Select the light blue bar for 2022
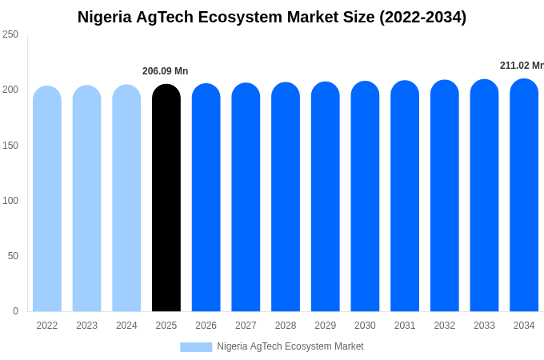pyautogui.click(x=47, y=199)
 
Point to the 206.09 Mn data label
pyautogui.click(x=165, y=71)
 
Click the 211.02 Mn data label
pyautogui.click(x=521, y=66)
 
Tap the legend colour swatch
pyautogui.click(x=196, y=346)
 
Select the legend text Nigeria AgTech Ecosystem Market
pyautogui.click(x=290, y=346)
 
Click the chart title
pyautogui.click(x=272, y=17)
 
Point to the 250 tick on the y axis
pyautogui.click(x=10, y=34)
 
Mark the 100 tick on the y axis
pyautogui.click(x=10, y=200)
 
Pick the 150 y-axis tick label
pyautogui.click(x=10, y=145)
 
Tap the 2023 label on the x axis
pyautogui.click(x=86, y=326)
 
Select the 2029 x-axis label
pyautogui.click(x=325, y=326)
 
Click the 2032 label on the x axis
pyautogui.click(x=444, y=326)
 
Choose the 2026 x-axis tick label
pyautogui.click(x=206, y=326)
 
